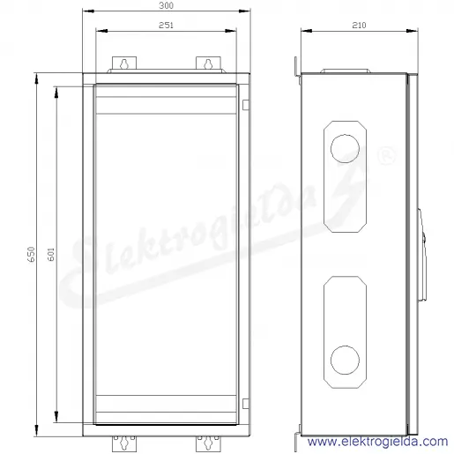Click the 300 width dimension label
point(166,5)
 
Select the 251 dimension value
point(166,26)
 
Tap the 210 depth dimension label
point(359,26)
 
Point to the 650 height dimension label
point(31,254)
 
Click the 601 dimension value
point(51,254)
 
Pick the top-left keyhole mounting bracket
point(124,63)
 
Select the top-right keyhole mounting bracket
point(208,63)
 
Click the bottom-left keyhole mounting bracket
point(124,443)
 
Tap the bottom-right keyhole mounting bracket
point(208,443)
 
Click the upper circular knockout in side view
point(345,148)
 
